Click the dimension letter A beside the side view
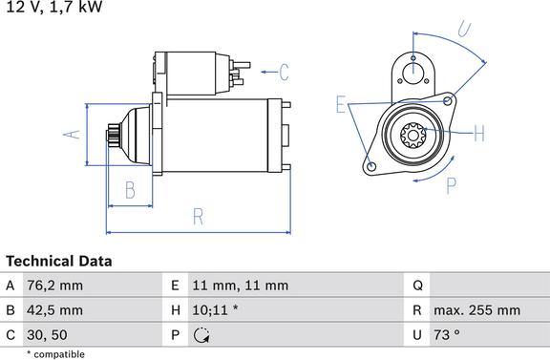[72, 135]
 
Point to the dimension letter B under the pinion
[130, 190]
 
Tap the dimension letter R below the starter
[199, 217]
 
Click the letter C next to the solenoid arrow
[285, 73]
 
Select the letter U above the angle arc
[464, 29]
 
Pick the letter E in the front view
[341, 104]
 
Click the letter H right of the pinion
[479, 134]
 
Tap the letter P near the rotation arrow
[452, 186]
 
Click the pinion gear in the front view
[412, 135]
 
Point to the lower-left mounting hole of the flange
[371, 167]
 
